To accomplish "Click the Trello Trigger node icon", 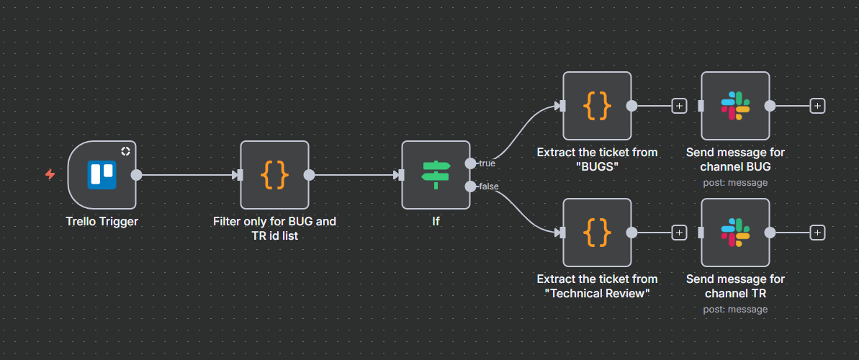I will (x=102, y=175).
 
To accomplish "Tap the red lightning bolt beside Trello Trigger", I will (x=50, y=174).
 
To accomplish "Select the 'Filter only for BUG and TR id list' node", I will (x=274, y=175).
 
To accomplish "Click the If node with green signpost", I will (x=436, y=175).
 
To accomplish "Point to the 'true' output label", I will (x=487, y=163).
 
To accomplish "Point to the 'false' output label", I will (x=489, y=186).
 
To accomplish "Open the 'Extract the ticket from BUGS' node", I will (x=597, y=106).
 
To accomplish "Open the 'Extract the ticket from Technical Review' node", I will (x=597, y=233).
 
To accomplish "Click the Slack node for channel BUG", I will (x=735, y=106).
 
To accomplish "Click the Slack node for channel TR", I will (x=735, y=233).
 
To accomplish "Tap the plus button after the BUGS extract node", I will (x=679, y=106).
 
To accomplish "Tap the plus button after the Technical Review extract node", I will (x=679, y=233).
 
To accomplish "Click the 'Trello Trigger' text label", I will (x=102, y=222).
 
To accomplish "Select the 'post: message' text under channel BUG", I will (x=735, y=183).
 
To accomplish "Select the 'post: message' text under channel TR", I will (x=735, y=310).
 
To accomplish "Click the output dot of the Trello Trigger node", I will (x=136, y=175).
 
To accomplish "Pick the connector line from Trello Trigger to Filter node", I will (x=187, y=175).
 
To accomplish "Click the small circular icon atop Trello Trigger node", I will (x=125, y=151).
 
